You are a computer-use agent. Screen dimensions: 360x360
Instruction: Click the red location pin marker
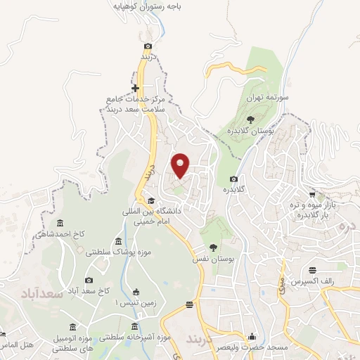(181, 165)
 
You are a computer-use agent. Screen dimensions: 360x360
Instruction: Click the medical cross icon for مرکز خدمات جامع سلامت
(135, 89)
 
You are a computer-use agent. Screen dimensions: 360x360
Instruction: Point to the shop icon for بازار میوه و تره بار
(312, 194)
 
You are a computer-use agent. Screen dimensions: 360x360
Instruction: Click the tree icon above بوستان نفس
(212, 247)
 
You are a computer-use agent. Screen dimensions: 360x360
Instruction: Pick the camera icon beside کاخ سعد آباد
(89, 280)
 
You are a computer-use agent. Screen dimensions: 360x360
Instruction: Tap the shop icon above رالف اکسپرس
(312, 270)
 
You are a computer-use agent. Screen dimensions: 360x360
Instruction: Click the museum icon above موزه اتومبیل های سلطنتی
(74, 326)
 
